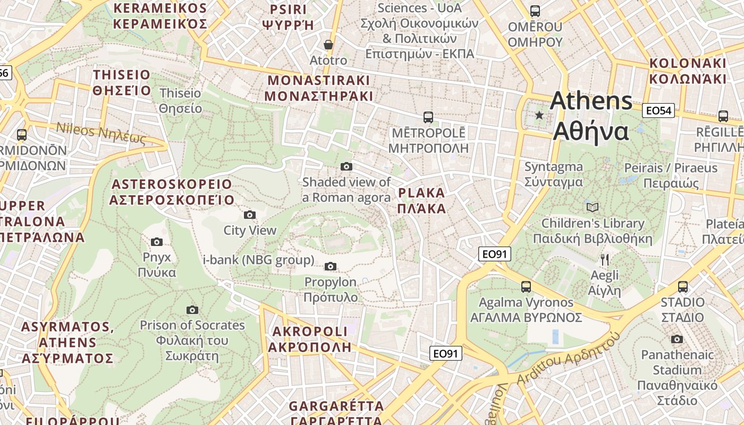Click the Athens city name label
[591, 116]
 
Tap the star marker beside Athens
[539, 115]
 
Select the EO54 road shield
[658, 110]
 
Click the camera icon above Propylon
[331, 266]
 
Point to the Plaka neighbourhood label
[421, 200]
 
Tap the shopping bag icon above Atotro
[328, 45]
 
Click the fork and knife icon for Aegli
[604, 260]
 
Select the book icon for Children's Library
[593, 207]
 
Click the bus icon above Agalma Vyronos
[526, 287]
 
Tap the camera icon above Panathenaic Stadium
[677, 339]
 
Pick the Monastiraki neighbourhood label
[318, 88]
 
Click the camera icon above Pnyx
[157, 242]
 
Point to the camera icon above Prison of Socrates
[192, 310]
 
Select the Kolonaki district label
[687, 71]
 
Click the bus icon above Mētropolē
[428, 117]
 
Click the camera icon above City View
[250, 215]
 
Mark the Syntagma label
[554, 174]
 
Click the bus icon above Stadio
[683, 287]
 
